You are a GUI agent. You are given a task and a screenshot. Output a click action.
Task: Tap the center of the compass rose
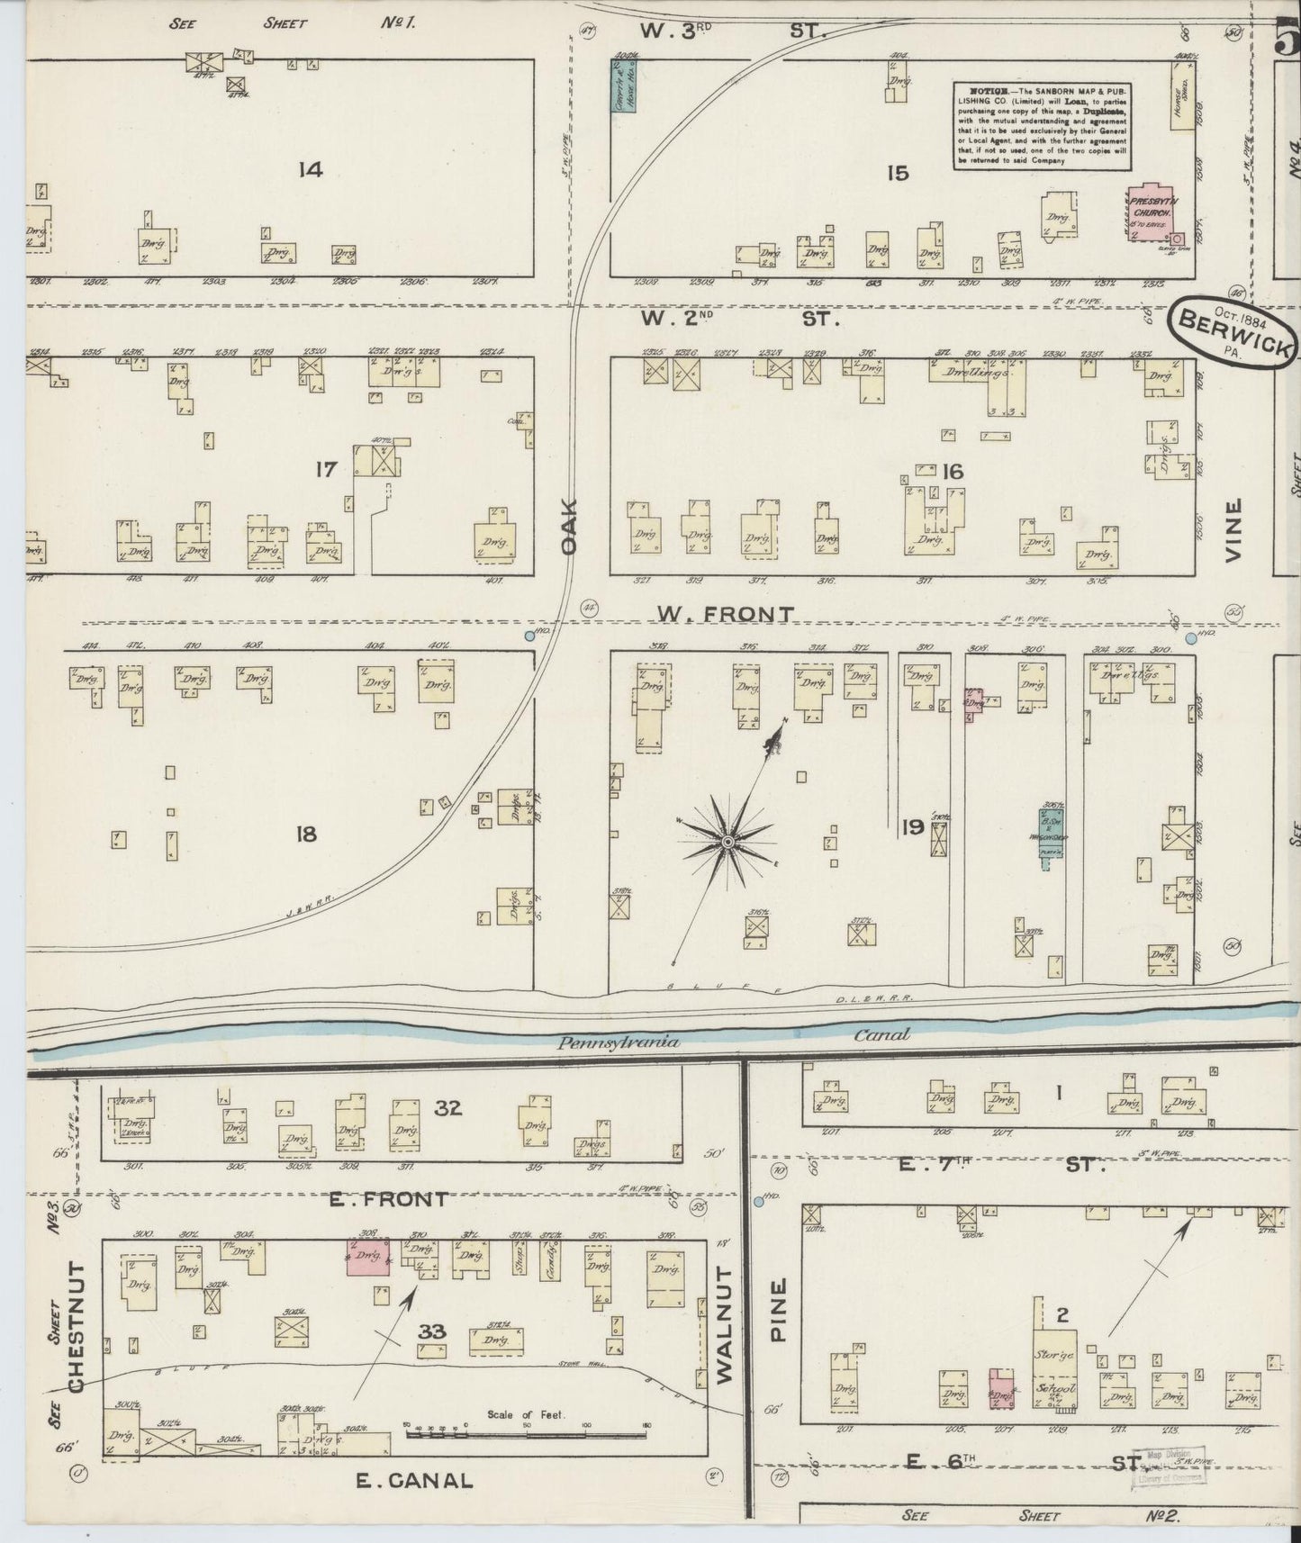click(x=727, y=842)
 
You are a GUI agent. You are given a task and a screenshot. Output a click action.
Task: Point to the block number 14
click(x=311, y=168)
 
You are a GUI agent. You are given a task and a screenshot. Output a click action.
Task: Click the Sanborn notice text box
click(x=1043, y=127)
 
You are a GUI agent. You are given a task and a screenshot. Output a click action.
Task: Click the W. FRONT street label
click(x=726, y=614)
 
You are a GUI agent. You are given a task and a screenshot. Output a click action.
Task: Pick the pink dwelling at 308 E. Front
click(x=368, y=1256)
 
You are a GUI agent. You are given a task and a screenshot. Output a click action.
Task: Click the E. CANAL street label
click(x=413, y=1480)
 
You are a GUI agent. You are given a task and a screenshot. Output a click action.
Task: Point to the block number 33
click(x=432, y=1331)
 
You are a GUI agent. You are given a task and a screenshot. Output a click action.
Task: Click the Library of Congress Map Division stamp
click(x=1173, y=1466)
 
